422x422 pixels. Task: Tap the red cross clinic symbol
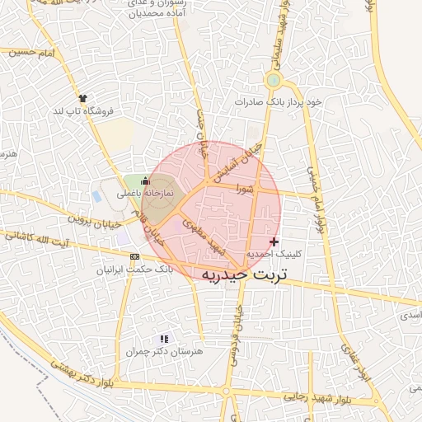tap(274, 241)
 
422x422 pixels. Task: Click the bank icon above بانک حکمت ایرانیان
tap(135, 257)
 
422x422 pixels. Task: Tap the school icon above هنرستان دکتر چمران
tap(163, 338)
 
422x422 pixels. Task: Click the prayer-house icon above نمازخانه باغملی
tap(146, 181)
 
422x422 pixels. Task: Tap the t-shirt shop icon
tap(82, 97)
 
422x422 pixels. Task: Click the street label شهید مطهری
tap(204, 232)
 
